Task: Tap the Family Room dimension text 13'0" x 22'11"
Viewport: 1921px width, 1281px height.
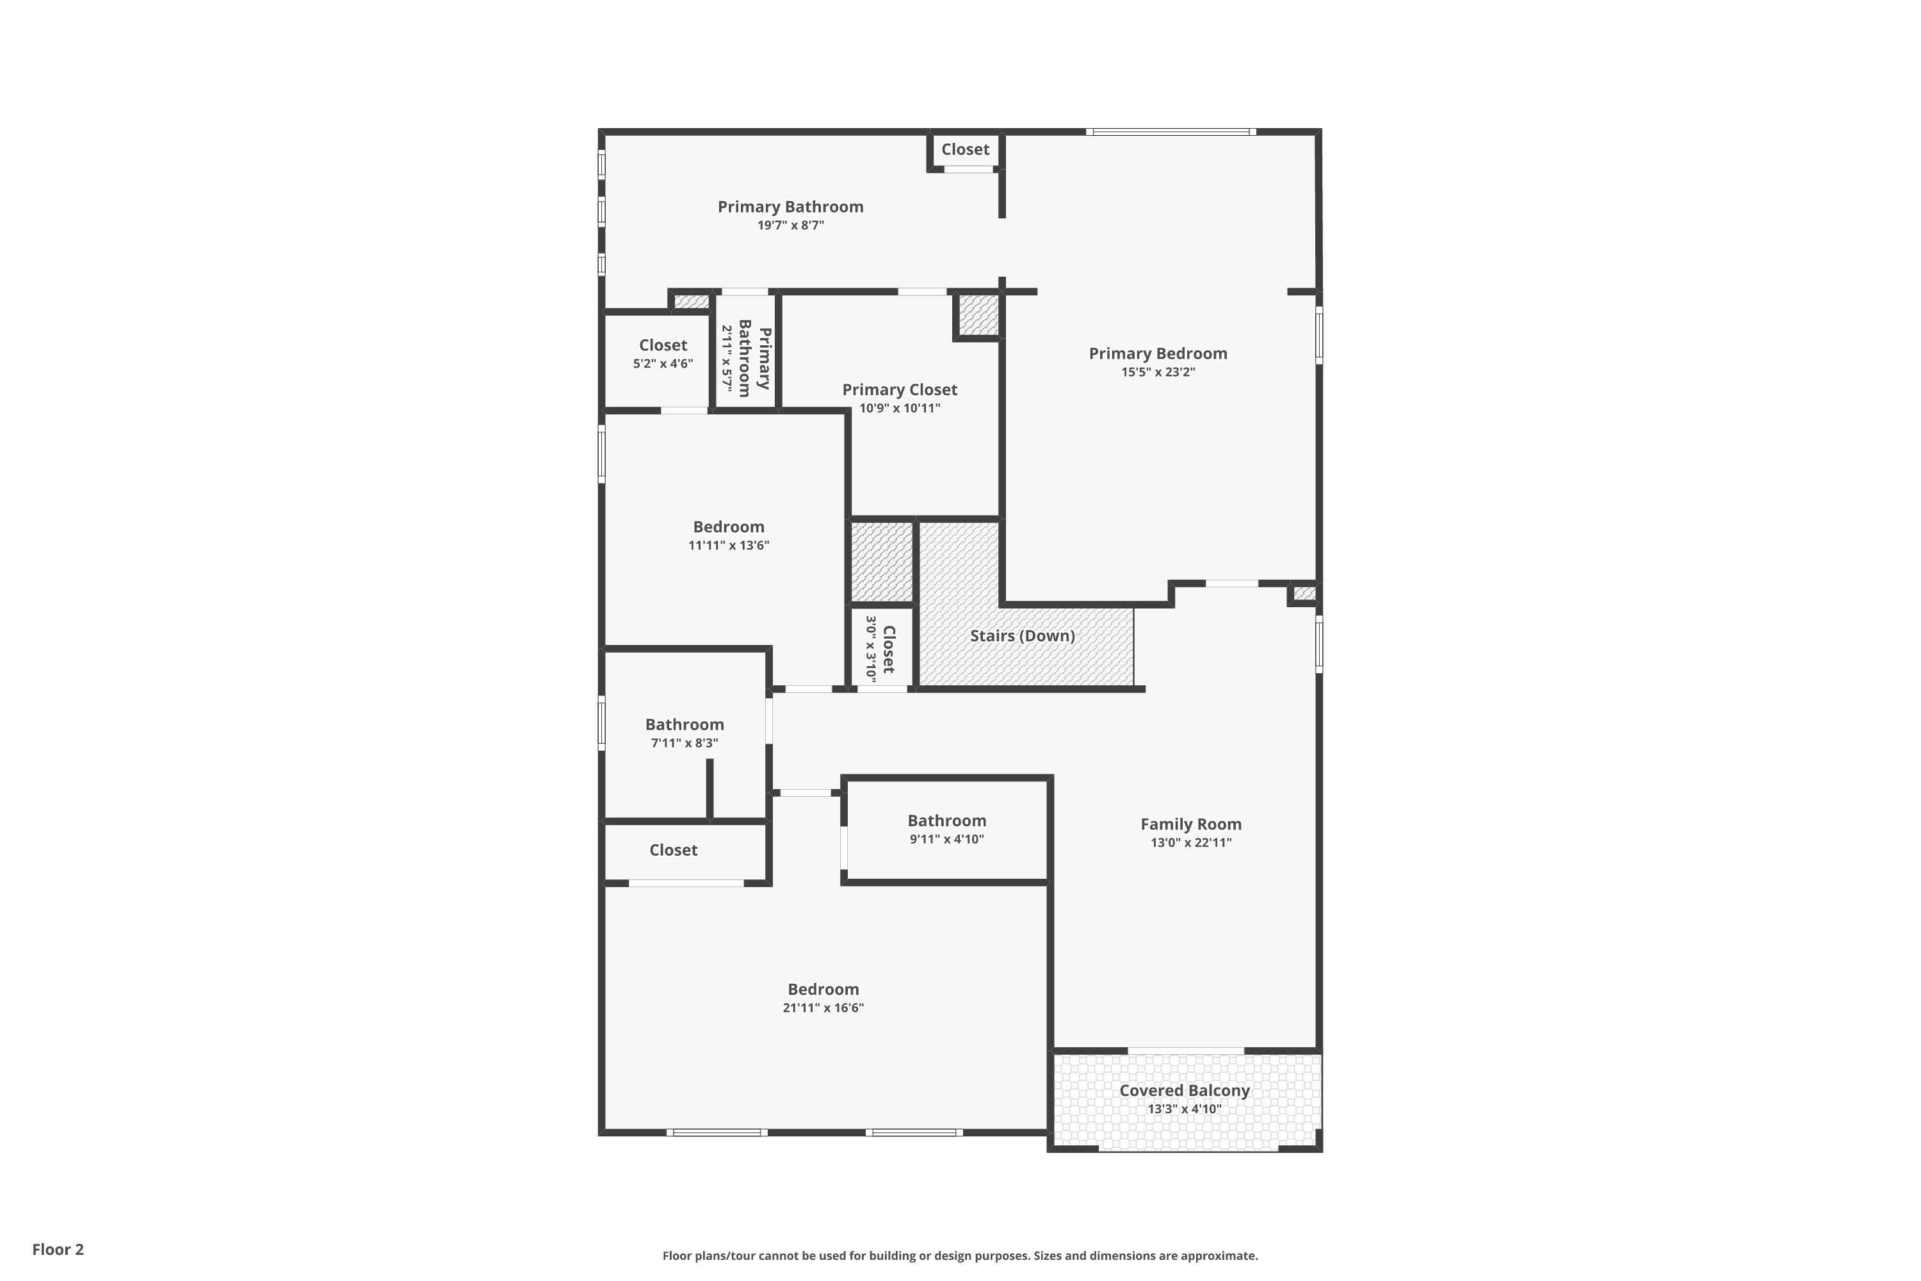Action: [x=1191, y=842]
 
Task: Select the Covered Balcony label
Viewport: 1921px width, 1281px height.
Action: [x=1184, y=1091]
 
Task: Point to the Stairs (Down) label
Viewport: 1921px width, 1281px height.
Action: [x=1022, y=635]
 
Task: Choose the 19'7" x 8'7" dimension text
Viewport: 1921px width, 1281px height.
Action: [x=791, y=225]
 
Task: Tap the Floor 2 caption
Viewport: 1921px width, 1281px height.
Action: [x=58, y=1249]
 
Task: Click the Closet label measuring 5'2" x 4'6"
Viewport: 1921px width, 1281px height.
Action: [x=663, y=345]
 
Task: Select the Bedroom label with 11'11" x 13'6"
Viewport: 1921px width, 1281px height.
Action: [x=729, y=527]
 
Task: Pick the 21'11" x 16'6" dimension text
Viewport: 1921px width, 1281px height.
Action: [x=823, y=1008]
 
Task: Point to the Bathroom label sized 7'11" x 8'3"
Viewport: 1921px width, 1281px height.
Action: [x=685, y=724]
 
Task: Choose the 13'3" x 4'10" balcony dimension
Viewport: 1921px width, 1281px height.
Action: [x=1184, y=1109]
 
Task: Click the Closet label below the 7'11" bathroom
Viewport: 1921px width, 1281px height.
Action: [x=673, y=850]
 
